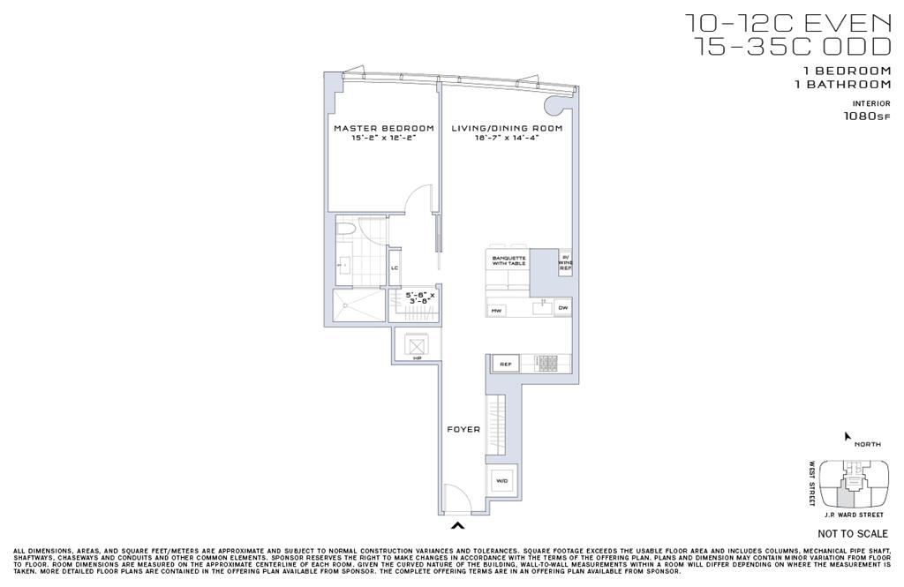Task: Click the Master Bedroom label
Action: [383, 128]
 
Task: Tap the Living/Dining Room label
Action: [507, 128]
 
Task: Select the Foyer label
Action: [463, 430]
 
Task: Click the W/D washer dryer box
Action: [502, 481]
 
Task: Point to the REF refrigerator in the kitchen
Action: [506, 364]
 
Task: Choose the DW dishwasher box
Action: [562, 308]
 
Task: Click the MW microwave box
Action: [496, 310]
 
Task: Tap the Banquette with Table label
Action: [508, 260]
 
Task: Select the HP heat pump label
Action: [417, 358]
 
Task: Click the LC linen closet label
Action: [395, 267]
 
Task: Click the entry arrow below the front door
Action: [458, 528]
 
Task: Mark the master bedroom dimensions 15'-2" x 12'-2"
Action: [383, 139]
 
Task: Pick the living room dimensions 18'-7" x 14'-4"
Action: [507, 139]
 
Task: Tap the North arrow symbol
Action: [847, 436]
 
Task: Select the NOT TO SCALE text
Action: [852, 534]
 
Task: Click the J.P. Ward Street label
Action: [852, 516]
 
